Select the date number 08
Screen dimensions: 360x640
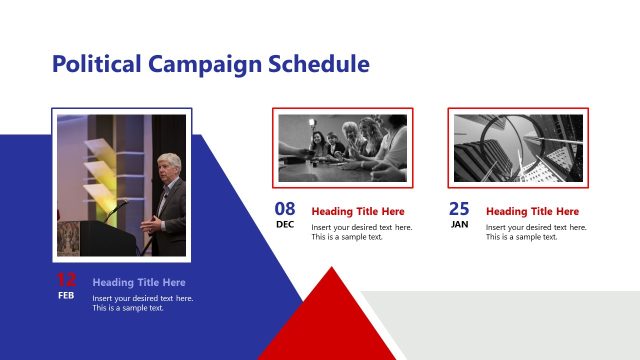click(x=285, y=209)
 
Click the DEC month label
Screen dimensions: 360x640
click(x=285, y=225)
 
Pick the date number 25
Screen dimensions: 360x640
click(x=459, y=209)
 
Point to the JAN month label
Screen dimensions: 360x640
click(x=459, y=225)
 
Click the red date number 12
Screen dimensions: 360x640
click(x=66, y=280)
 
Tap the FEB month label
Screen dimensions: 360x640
click(x=66, y=296)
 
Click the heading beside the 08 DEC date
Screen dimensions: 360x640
click(x=358, y=212)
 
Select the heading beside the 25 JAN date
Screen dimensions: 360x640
click(x=532, y=212)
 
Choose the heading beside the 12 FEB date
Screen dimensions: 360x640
click(x=139, y=283)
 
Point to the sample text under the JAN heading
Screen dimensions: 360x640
click(x=536, y=232)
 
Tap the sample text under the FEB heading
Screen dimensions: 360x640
click(x=143, y=303)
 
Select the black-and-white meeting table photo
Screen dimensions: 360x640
click(x=342, y=148)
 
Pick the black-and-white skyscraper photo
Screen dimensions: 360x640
click(x=517, y=148)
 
